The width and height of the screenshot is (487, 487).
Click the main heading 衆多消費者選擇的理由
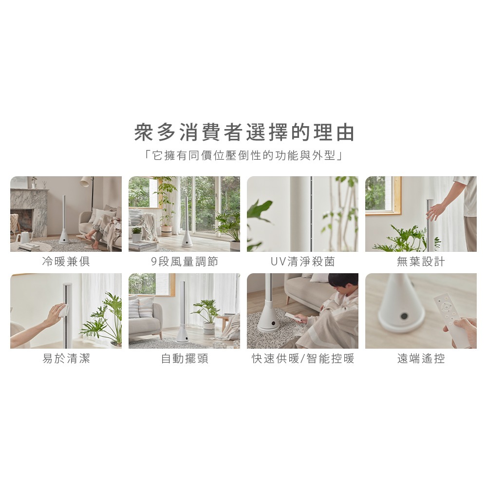[x=244, y=132]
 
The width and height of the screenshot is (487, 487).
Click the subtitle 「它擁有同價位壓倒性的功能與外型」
[x=244, y=155]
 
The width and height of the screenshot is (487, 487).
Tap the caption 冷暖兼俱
[x=66, y=262]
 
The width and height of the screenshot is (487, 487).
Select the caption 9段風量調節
[x=184, y=262]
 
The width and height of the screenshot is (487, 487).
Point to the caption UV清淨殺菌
[x=302, y=262]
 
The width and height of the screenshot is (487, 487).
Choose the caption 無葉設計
[x=421, y=262]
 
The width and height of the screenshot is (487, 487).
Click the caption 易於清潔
[x=66, y=358]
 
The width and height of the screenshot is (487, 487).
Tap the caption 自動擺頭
[x=184, y=358]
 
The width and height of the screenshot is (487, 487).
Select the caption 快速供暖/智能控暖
[x=302, y=358]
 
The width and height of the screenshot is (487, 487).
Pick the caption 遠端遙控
[x=421, y=358]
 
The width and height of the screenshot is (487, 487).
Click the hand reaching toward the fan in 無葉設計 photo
[x=436, y=211]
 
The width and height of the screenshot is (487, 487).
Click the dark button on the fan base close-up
[x=404, y=316]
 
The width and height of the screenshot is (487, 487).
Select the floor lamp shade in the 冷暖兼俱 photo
[x=85, y=181]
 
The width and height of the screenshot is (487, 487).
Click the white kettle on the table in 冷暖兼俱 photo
[x=24, y=238]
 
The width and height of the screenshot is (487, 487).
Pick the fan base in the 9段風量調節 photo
[x=187, y=240]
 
